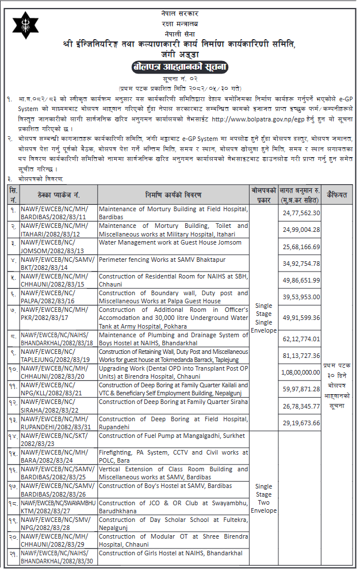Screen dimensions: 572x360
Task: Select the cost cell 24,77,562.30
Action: point(301,212)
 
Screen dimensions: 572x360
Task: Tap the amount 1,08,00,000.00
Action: point(300,372)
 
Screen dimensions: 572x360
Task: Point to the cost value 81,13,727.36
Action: point(301,356)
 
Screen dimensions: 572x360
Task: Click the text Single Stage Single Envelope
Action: point(264,318)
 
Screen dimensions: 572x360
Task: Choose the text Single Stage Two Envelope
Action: point(264,498)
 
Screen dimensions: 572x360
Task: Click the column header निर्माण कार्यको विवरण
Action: point(173,195)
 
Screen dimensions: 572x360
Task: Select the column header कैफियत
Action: point(336,195)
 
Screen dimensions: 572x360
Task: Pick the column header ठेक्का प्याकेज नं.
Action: point(58,195)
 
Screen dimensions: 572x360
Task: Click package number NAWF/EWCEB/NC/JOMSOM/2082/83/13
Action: point(52,246)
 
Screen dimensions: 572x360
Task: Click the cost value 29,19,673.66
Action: point(301,423)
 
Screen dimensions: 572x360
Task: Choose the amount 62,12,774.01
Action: point(301,339)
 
